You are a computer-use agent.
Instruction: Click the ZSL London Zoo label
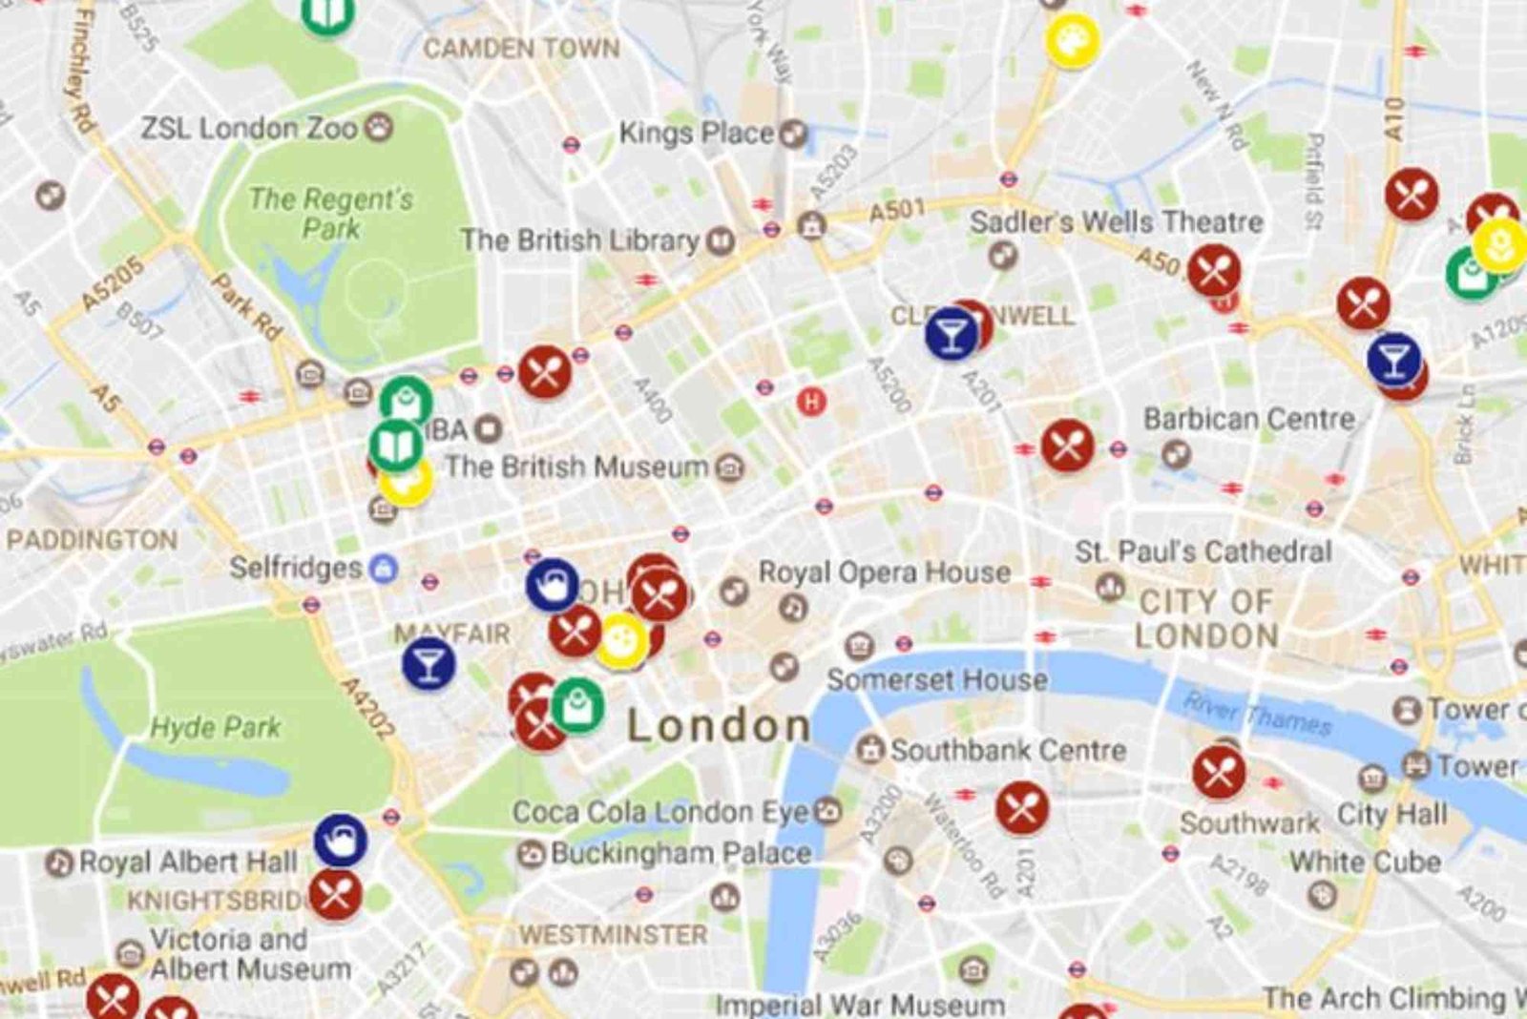click(249, 129)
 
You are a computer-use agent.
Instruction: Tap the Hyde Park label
click(216, 728)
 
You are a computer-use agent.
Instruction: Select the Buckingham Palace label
click(680, 853)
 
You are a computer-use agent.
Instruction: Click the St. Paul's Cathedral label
click(1203, 552)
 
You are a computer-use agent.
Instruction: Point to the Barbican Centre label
click(1248, 419)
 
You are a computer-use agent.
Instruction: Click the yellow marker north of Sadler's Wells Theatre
click(1072, 39)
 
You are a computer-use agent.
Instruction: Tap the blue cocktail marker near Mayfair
click(429, 663)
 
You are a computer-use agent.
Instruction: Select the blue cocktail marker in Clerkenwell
click(952, 334)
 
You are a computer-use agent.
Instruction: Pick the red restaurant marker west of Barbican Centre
click(1067, 446)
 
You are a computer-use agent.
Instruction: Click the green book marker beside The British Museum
click(395, 446)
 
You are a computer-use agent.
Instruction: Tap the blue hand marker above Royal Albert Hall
click(341, 840)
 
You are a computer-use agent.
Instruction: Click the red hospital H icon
click(811, 402)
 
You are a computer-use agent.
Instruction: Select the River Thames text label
click(1257, 714)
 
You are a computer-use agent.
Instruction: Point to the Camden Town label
click(521, 49)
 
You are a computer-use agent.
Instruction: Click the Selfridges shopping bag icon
click(384, 569)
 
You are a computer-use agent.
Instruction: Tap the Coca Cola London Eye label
click(659, 813)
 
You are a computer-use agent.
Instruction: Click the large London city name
click(718, 727)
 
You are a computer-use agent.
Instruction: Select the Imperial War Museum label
click(859, 1005)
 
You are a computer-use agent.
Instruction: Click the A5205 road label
click(112, 283)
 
